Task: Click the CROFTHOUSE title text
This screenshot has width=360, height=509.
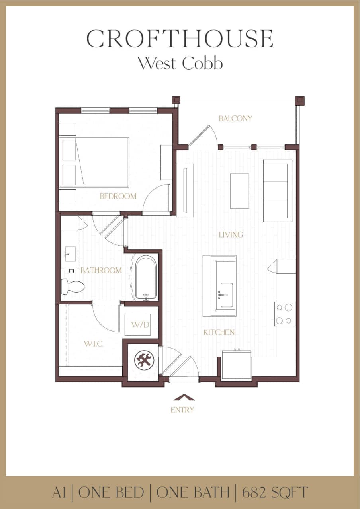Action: (x=180, y=39)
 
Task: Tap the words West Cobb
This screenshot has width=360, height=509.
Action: (x=180, y=63)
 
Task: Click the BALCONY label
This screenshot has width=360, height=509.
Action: (x=235, y=119)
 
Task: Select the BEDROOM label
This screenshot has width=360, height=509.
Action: (x=118, y=196)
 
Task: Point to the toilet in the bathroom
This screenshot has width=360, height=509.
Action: (x=72, y=287)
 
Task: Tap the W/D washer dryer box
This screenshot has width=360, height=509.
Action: (x=140, y=325)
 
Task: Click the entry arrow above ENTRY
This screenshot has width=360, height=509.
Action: (x=184, y=397)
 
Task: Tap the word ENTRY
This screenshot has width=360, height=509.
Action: (x=182, y=410)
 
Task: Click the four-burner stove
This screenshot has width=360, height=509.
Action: (x=285, y=314)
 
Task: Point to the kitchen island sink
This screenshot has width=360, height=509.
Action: (x=226, y=295)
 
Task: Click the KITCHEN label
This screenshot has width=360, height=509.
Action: (x=219, y=332)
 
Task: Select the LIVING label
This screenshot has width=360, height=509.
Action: (x=231, y=235)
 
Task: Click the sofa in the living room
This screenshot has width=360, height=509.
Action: (x=278, y=191)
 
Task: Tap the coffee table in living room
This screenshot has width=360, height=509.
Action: (x=239, y=191)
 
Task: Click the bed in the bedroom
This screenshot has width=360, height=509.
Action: (x=94, y=162)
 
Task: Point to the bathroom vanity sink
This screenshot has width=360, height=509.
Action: (x=70, y=252)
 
